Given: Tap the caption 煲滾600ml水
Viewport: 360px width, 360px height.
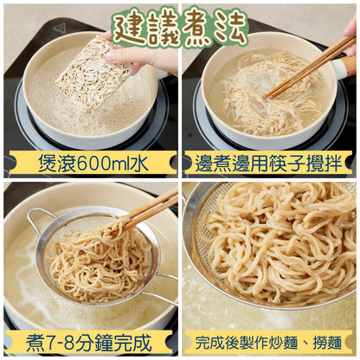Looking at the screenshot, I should pos(90,161).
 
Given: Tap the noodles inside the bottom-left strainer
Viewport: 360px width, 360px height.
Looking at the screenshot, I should pos(95,260).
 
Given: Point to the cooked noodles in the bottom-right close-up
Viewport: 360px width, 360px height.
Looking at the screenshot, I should pos(277,251).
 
